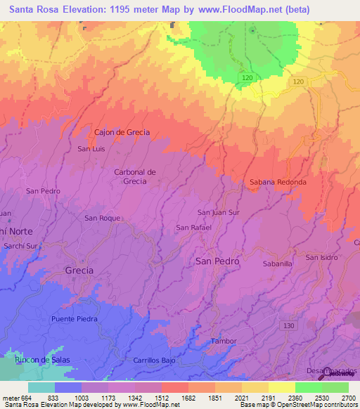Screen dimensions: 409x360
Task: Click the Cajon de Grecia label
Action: (122, 132)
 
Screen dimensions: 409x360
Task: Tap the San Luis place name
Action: (91, 149)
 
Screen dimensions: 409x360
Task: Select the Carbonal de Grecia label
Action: (130, 176)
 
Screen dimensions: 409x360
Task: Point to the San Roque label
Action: (103, 218)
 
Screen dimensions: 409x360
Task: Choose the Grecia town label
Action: (79, 270)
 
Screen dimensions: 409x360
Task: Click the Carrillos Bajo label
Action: (154, 360)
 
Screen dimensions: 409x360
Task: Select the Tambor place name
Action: (224, 342)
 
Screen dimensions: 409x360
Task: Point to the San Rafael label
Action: (193, 228)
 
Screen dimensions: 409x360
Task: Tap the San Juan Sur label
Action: (219, 212)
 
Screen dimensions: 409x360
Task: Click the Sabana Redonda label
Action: (278, 182)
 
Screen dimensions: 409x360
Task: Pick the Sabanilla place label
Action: (277, 264)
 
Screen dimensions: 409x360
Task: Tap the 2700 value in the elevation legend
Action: (348, 397)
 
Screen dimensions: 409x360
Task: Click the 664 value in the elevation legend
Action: (27, 397)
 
